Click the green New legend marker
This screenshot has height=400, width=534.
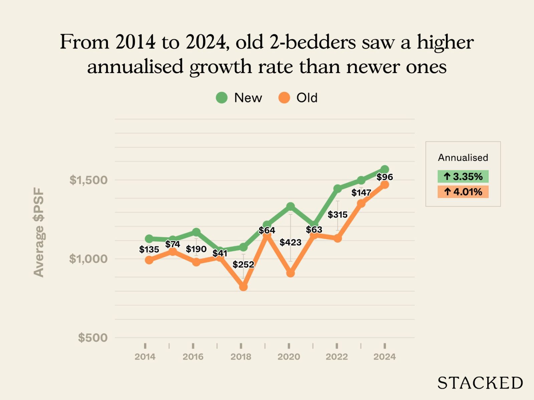[222, 98]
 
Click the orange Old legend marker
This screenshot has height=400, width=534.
[284, 98]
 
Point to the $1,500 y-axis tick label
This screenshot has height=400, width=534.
[84, 180]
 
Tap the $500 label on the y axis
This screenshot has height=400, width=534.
[88, 338]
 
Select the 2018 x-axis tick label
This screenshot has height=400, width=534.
[241, 357]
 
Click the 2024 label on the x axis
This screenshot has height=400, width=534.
[384, 357]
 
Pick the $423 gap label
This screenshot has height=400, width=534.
[290, 242]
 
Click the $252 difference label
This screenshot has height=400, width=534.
[243, 265]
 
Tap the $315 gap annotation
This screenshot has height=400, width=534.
[337, 215]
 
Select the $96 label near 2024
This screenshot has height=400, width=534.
[384, 177]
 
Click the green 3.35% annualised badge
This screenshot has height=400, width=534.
[463, 176]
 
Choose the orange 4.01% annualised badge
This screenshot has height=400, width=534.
[463, 192]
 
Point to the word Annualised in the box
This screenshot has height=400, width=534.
[463, 157]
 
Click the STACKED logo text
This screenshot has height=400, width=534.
[480, 383]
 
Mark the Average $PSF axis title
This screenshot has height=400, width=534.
[39, 232]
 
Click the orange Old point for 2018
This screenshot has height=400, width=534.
[243, 287]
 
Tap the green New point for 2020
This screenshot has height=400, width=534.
[290, 206]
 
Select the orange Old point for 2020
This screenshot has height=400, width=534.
[290, 273]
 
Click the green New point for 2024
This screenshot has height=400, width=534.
[384, 169]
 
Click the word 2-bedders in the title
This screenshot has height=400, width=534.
[313, 42]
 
